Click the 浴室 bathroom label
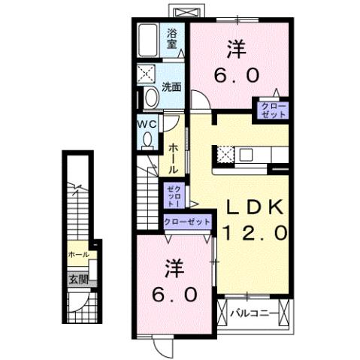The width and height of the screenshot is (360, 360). coord(172,38)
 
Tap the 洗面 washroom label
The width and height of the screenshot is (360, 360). coord(171,87)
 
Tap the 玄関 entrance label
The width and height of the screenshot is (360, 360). coord(77,279)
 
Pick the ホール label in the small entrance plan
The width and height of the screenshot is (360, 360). coord(77,255)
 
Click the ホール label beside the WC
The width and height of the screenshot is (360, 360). coord(172,158)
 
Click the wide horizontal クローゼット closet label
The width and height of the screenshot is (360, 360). coord(187,222)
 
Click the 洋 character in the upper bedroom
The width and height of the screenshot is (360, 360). coord(237,48)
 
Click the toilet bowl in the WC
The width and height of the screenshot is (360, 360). coord(147,139)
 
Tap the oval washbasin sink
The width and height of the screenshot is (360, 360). coord(150,97)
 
